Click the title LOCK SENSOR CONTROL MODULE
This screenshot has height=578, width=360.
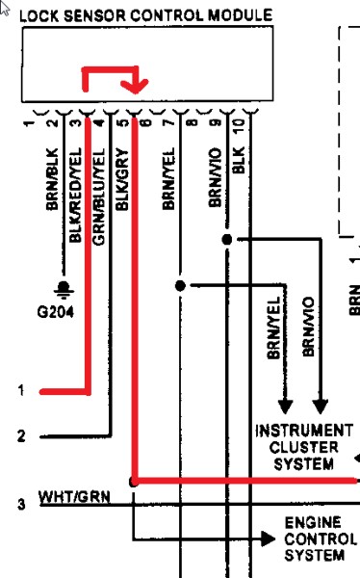(145, 15)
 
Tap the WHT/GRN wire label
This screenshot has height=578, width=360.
(75, 496)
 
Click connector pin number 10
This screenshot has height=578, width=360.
(237, 123)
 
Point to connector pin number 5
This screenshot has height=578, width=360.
(122, 121)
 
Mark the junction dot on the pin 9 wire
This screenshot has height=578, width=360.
(227, 239)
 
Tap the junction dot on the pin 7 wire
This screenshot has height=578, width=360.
(180, 286)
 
